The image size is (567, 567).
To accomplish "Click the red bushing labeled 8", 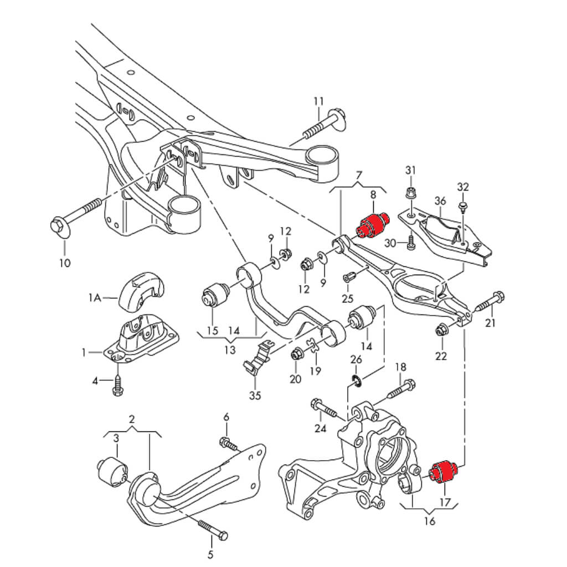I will click(372, 224).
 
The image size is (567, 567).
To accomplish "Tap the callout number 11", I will click(318, 101).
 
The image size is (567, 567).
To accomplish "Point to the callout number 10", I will click(65, 262).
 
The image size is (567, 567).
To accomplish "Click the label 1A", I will click(95, 298).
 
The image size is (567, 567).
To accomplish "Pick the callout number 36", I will click(440, 200).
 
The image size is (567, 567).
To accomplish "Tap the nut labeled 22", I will click(441, 331).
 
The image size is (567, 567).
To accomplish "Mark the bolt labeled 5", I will click(211, 528).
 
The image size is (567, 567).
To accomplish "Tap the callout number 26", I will click(356, 360).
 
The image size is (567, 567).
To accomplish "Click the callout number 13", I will click(230, 350).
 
